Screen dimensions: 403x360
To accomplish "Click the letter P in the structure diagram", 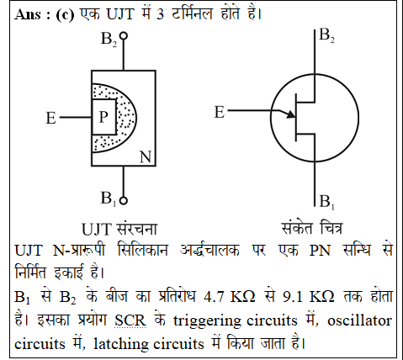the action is [103, 116].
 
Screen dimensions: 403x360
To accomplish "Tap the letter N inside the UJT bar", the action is [146, 156].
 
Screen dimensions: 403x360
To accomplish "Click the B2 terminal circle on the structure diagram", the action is [123, 36].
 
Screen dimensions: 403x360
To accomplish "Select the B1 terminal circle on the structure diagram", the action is [123, 200].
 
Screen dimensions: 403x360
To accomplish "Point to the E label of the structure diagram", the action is [51, 118].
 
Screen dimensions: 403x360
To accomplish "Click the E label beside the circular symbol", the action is [220, 112].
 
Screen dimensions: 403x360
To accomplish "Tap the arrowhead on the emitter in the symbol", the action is [291, 114].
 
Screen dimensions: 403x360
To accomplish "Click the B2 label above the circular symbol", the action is [326, 35].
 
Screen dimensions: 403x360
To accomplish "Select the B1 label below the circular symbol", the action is [326, 201].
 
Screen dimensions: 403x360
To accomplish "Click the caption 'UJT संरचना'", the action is [119, 229].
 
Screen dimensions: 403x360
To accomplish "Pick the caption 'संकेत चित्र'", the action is [311, 228].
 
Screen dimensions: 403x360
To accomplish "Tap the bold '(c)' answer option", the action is [65, 14].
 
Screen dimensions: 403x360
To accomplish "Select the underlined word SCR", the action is [130, 320].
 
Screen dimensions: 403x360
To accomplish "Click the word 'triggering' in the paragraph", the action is [207, 321].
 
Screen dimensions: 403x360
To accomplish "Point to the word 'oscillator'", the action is [359, 320].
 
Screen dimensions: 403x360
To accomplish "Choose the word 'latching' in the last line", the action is [121, 344].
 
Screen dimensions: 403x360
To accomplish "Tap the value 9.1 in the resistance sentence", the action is [293, 297].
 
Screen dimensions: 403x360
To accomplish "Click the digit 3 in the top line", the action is [160, 14].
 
